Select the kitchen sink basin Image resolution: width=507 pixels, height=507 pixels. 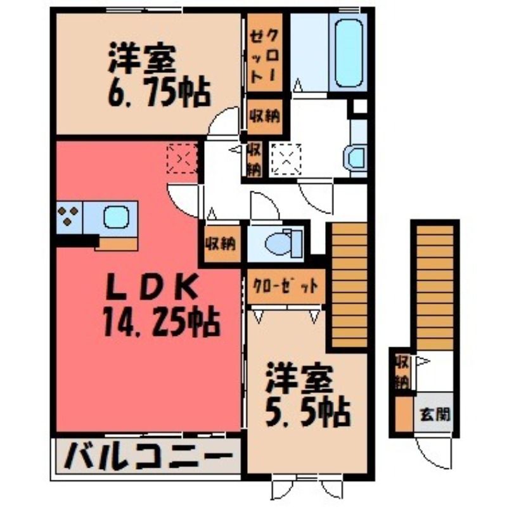pos(116,217)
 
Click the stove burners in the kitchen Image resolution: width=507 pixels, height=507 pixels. pos(68,215)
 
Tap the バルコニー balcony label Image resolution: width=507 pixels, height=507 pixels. pos(148,456)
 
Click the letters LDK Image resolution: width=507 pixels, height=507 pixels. pos(152,287)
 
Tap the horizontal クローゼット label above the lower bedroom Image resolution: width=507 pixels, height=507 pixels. pos(285,286)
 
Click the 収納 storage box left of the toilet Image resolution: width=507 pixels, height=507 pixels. pos(221,243)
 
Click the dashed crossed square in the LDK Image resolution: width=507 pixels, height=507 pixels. pos(182,159)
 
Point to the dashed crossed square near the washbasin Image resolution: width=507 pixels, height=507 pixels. pos(286,160)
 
